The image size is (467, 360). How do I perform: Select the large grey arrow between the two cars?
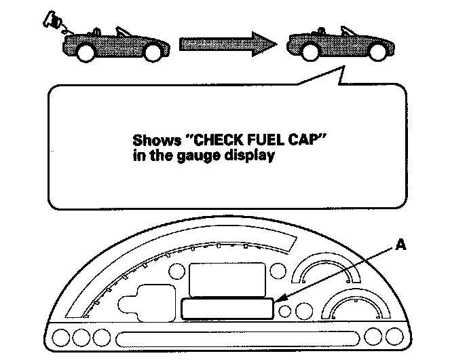pos(228,44)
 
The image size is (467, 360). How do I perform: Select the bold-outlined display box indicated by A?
pos(227,309)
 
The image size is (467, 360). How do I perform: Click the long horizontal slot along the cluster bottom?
pos(238,338)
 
